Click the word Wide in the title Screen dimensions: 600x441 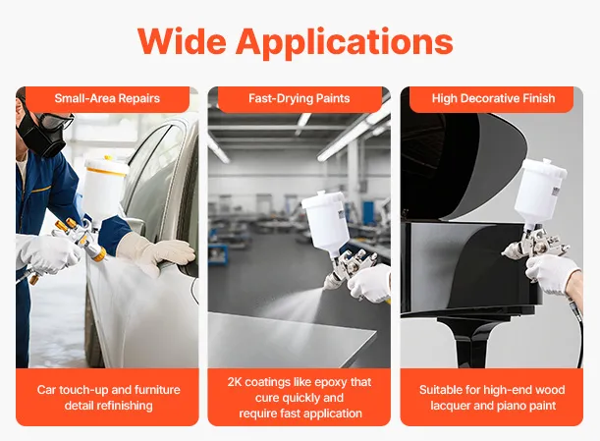click(182, 41)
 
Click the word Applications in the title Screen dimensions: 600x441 click(345, 43)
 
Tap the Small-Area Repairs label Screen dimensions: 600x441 click(107, 98)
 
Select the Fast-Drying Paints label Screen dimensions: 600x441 click(300, 98)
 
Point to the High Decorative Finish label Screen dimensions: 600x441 click(493, 98)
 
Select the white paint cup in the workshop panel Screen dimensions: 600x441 click(326, 222)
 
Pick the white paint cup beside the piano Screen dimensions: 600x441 click(539, 192)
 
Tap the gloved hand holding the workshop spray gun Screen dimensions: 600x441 click(369, 283)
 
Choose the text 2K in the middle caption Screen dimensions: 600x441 click(235, 382)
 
